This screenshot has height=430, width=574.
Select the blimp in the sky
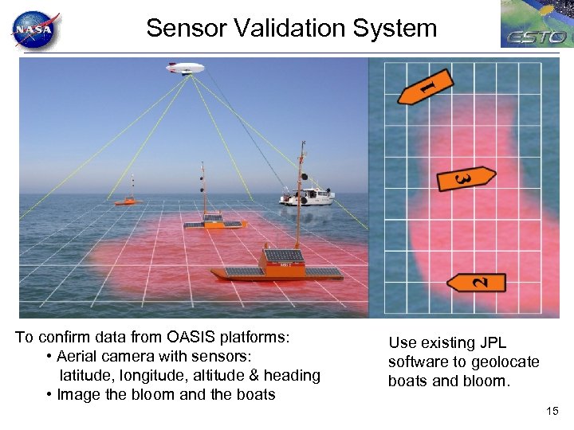click(x=184, y=68)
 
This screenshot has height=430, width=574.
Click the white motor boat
click(x=307, y=195)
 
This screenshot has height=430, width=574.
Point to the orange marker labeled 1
click(x=426, y=87)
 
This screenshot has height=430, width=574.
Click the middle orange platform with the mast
click(x=213, y=221)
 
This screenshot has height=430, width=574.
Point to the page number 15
click(x=552, y=411)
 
